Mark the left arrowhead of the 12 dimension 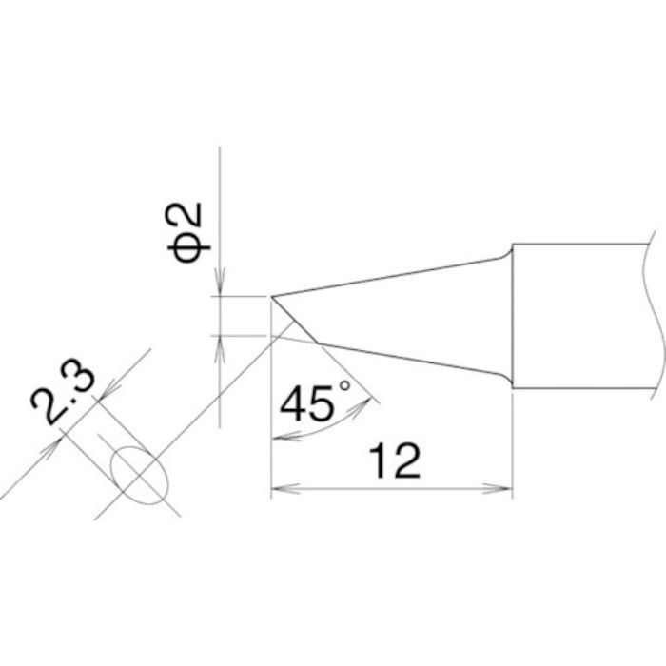280,491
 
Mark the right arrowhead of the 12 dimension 504,491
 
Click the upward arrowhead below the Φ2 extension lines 221,345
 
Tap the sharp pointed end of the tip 272,297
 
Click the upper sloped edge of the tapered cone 390,275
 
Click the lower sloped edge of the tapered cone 409,358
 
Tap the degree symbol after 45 344,385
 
